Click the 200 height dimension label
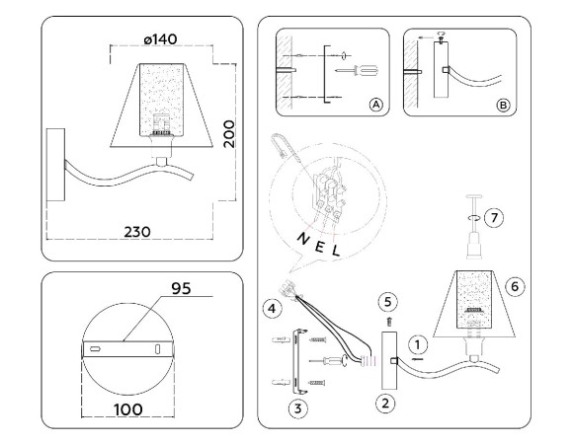click(x=228, y=129)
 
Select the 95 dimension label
click(x=178, y=289)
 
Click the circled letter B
click(x=502, y=104)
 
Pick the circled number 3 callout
click(x=293, y=406)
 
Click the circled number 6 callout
click(x=513, y=285)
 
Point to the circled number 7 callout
click(x=496, y=215)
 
